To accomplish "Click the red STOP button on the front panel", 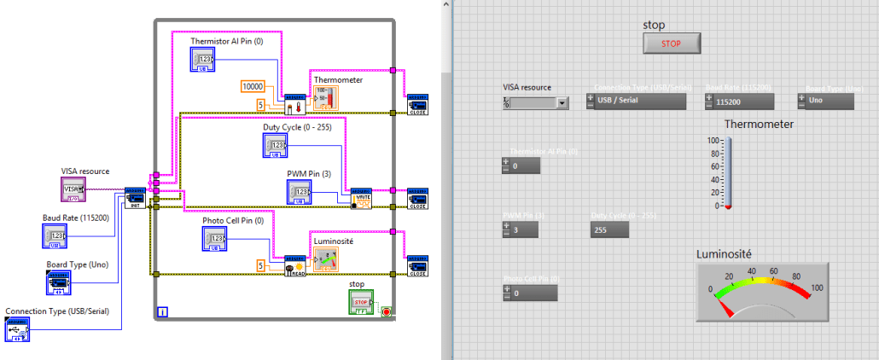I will (x=672, y=43).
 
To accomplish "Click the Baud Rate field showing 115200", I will (x=739, y=101).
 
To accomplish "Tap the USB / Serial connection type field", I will (x=636, y=101).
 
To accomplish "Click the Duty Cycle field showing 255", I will (x=615, y=229).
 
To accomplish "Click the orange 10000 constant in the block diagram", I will (x=253, y=86).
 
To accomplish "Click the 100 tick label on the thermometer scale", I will (x=713, y=140).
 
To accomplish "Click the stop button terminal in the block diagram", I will (x=360, y=301).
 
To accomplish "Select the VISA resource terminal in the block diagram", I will (x=73, y=189).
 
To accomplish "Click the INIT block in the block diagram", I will (x=135, y=196).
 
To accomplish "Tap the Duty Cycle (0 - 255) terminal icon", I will (x=275, y=145).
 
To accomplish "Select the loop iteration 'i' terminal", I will (x=162, y=312).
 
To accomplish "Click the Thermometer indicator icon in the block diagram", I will (x=326, y=97).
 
